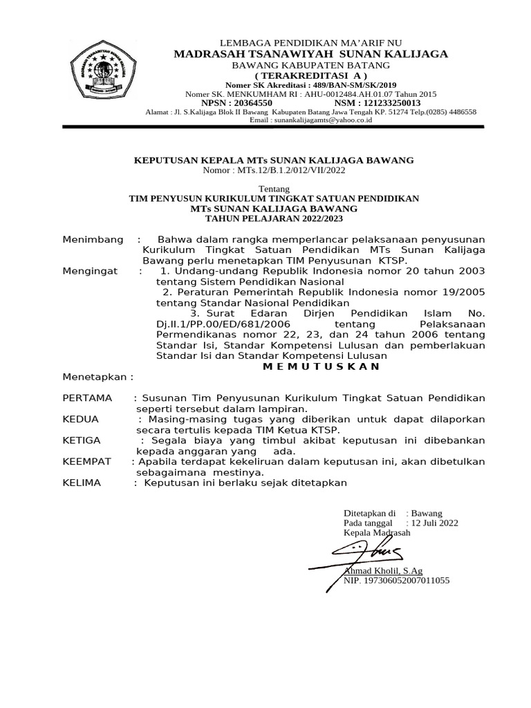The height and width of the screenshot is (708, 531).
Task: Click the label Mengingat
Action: click(91, 271)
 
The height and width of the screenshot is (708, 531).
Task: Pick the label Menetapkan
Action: click(97, 378)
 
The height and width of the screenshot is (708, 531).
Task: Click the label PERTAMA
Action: click(88, 398)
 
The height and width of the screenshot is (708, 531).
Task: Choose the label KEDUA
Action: click(81, 419)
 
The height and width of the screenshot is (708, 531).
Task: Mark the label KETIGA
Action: click(82, 440)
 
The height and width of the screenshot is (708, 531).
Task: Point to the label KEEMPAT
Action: click(86, 460)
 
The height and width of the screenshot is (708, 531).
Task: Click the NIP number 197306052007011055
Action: click(397, 581)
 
